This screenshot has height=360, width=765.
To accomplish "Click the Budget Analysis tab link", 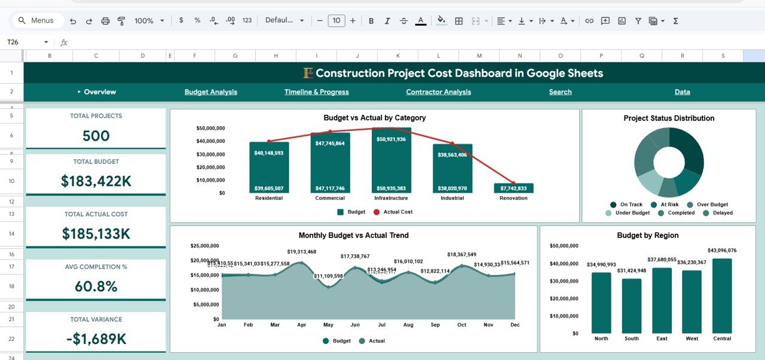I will pyautogui.click(x=210, y=92).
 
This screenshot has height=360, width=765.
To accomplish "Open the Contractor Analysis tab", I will pyautogui.click(x=438, y=92).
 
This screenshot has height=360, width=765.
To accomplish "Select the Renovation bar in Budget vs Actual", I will pyautogui.click(x=513, y=188).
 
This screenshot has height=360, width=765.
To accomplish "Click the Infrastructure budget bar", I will pyautogui.click(x=391, y=161).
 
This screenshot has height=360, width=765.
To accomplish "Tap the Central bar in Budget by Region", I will pyautogui.click(x=722, y=296).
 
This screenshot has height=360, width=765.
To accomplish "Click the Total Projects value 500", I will pyautogui.click(x=96, y=136).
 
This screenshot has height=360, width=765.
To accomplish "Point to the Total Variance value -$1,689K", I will pyautogui.click(x=96, y=339).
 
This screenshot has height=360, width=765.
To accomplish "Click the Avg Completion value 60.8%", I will pyautogui.click(x=96, y=286).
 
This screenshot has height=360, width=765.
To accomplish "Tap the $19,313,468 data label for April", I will pyautogui.click(x=301, y=252).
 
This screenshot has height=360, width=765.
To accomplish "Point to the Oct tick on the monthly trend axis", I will pyautogui.click(x=461, y=325).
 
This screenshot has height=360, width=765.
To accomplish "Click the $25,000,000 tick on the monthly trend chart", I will pyautogui.click(x=204, y=246).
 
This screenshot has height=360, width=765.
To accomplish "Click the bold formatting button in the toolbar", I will pyautogui.click(x=371, y=21).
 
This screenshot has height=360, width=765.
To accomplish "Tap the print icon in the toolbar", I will pyautogui.click(x=105, y=21).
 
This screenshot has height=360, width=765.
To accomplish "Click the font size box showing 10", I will pyautogui.click(x=336, y=21).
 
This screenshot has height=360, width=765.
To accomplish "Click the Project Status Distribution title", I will pyautogui.click(x=669, y=118).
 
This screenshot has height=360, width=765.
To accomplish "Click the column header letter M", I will pyautogui.click(x=479, y=56).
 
